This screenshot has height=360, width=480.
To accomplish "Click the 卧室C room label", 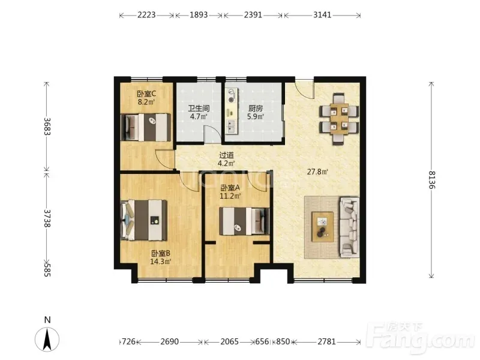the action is (x=146, y=94).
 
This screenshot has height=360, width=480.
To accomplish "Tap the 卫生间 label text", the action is (x=199, y=109).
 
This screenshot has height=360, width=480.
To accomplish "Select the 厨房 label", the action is (x=256, y=109).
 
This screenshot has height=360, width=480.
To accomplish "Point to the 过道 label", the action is (x=227, y=155).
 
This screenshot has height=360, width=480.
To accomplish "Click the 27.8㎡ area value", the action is (x=317, y=172).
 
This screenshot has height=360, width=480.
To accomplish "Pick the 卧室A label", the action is (x=230, y=188).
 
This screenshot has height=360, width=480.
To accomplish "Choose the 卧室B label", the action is (x=160, y=253).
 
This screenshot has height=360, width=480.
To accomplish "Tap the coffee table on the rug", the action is (x=323, y=227).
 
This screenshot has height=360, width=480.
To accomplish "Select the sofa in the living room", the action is (x=350, y=227).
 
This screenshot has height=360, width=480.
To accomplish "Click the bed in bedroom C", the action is (x=146, y=127).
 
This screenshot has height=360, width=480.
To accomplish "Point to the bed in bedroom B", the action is (x=144, y=220).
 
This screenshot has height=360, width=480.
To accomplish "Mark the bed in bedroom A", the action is (x=245, y=221).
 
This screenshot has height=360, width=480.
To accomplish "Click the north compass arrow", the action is (x=47, y=339).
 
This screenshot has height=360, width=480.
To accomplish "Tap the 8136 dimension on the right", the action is (x=431, y=179).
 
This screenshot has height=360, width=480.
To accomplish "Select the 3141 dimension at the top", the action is (x=322, y=14).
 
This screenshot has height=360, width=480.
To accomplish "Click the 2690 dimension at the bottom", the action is (x=170, y=341).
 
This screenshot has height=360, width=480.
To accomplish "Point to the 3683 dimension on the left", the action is (x=47, y=126).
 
